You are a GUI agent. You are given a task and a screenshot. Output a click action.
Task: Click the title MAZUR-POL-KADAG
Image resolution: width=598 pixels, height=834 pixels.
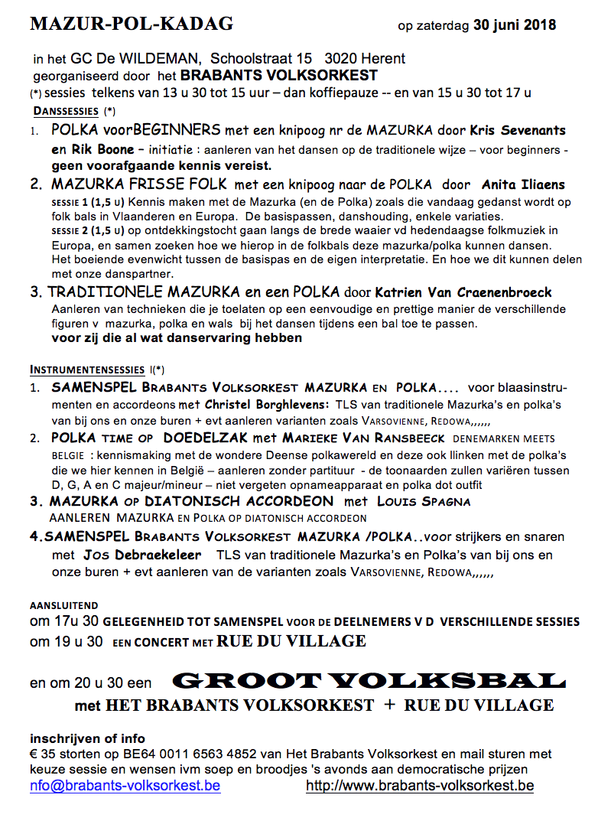point(132,24)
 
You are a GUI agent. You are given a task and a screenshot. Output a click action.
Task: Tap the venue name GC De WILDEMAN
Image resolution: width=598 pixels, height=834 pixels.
point(137,59)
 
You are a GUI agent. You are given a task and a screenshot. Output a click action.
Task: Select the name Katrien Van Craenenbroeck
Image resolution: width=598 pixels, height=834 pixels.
point(463,292)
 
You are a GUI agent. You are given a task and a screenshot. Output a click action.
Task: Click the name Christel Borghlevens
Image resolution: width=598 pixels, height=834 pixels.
point(266,404)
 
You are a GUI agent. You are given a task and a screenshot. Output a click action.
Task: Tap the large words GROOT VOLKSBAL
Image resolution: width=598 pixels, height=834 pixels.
point(369,679)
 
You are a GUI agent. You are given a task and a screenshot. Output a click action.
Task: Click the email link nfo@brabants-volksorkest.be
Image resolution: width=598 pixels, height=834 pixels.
point(125,786)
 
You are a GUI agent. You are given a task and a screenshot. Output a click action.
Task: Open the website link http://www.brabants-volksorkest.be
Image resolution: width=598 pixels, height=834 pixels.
point(420,786)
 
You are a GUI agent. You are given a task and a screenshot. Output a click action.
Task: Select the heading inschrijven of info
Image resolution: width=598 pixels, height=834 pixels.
point(87,738)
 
